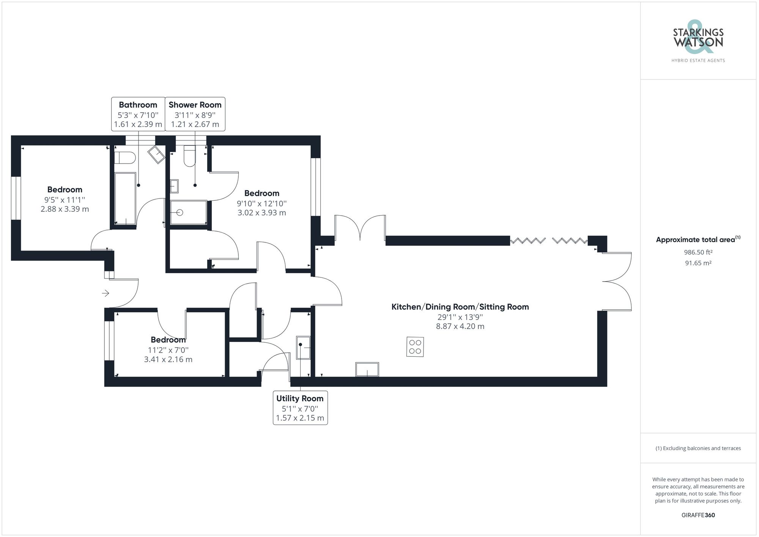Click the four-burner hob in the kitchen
tap(415, 346)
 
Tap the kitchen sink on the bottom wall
tap(367, 369)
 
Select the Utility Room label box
tap(300, 408)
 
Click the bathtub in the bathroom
tap(125, 198)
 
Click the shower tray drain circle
tap(180, 213)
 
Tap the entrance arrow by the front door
tap(106, 293)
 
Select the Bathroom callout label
tap(138, 114)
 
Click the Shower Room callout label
tap(195, 114)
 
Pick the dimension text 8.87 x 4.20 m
tap(460, 326)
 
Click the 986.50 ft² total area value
tap(698, 252)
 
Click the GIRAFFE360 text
tap(698, 515)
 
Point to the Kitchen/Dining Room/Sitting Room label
tap(460, 307)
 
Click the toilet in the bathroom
tap(125, 157)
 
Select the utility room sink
tap(303, 347)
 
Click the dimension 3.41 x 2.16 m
tap(168, 359)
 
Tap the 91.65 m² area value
tap(698, 263)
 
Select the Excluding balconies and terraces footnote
tap(698, 448)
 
